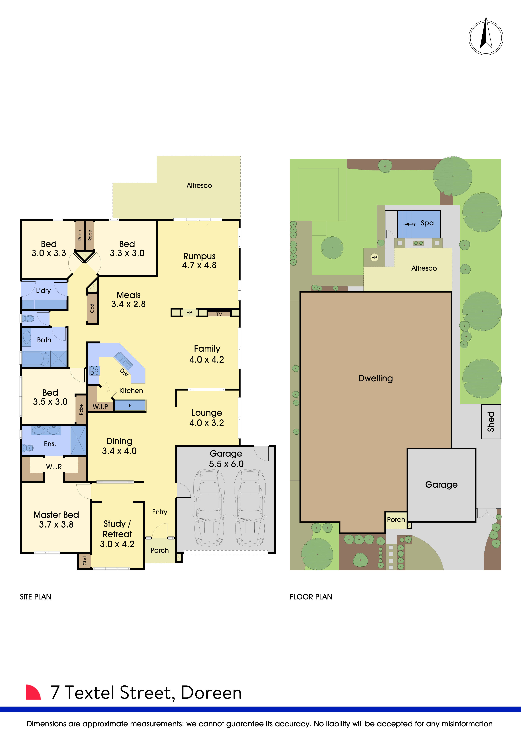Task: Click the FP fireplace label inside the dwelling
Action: [189, 312]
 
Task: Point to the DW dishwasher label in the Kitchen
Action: [124, 372]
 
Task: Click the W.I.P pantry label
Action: [100, 406]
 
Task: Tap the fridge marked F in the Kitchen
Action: [130, 405]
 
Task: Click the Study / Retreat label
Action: [117, 529]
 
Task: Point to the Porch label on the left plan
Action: [159, 550]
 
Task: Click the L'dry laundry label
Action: [43, 290]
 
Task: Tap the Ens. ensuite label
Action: [50, 444]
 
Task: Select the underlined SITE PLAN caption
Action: [35, 597]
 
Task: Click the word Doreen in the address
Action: [211, 693]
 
